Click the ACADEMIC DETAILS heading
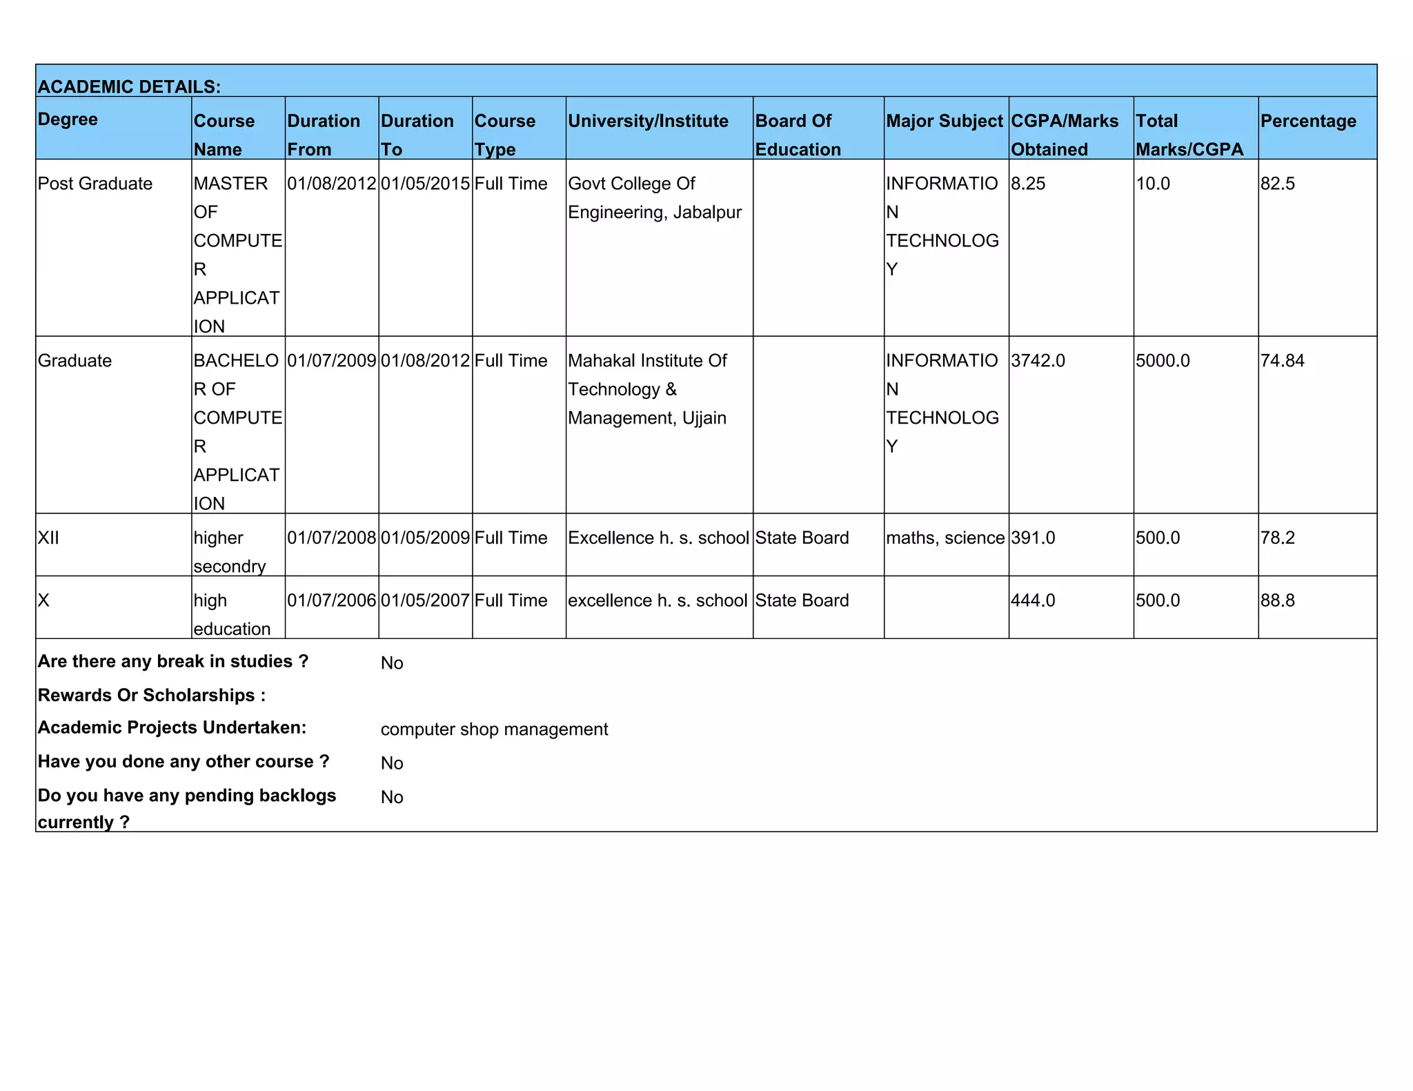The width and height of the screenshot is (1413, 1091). point(129,87)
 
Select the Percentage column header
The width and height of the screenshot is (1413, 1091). point(1307,121)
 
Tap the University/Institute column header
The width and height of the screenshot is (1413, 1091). point(648,121)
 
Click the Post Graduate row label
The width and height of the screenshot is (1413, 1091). point(95,184)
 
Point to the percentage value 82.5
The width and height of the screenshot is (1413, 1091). point(1277,184)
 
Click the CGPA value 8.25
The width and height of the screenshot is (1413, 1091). point(1028,184)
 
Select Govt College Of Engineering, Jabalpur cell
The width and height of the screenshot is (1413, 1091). point(654,198)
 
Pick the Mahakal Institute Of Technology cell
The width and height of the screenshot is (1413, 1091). point(647,389)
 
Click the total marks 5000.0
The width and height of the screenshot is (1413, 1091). point(1163,361)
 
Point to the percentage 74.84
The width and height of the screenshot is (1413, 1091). point(1282,361)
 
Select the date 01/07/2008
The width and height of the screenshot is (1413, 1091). point(332,538)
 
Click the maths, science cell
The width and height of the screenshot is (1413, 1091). point(945,538)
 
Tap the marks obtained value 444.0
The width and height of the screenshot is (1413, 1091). point(1033,600)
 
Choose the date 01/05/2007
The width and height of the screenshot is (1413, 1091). point(425,600)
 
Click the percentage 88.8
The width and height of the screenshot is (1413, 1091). point(1277,600)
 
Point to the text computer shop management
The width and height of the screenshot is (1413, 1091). point(494,729)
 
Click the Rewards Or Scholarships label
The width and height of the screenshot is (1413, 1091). point(151,695)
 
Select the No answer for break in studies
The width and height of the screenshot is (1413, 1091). point(392,663)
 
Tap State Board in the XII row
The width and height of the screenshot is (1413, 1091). point(802,538)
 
